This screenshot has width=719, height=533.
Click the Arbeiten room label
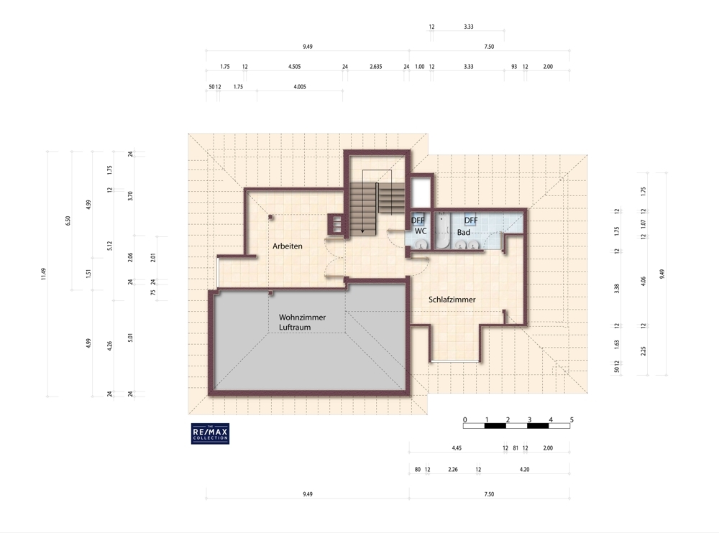(x=288, y=246)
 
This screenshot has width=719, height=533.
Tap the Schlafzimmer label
(x=452, y=300)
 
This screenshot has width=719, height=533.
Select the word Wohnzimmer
(x=302, y=317)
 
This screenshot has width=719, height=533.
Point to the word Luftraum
(x=295, y=328)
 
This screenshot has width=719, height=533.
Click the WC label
(x=421, y=231)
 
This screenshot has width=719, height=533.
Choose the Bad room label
(x=464, y=232)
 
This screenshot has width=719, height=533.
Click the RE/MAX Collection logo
(x=210, y=433)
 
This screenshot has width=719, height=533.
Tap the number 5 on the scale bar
(x=572, y=420)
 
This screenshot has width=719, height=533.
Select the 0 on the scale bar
(x=465, y=420)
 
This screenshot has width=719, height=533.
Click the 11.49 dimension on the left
(x=43, y=274)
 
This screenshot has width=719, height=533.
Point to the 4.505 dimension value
(x=294, y=67)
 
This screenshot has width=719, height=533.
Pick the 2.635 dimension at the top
(x=375, y=67)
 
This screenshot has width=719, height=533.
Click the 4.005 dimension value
(x=299, y=87)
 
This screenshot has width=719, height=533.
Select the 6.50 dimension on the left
(x=68, y=221)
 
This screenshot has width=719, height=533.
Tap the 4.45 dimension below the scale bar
(x=457, y=448)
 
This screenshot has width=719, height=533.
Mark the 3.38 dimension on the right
(x=617, y=289)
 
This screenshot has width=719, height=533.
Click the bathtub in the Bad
(x=442, y=231)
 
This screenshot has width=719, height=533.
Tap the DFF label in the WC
(x=418, y=221)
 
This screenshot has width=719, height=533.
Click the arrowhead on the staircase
(x=362, y=231)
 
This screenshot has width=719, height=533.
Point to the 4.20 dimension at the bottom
(x=524, y=469)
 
